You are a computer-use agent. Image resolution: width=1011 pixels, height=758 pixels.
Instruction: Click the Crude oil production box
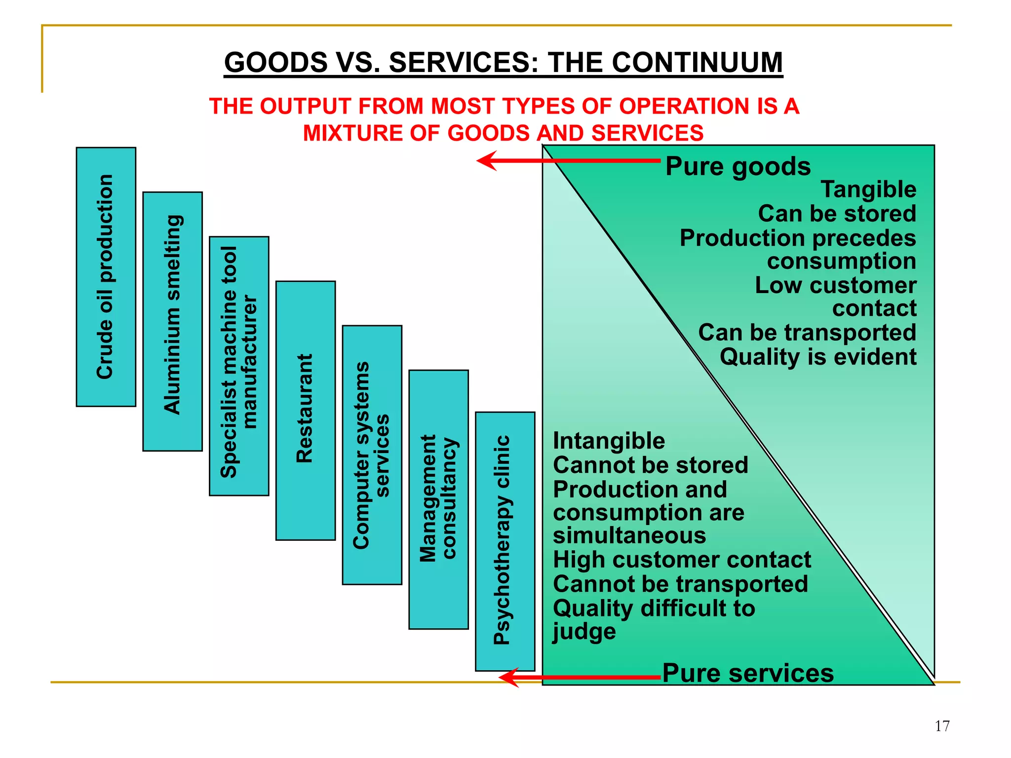[x=106, y=277]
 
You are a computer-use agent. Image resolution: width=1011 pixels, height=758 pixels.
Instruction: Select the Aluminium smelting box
[x=172, y=321]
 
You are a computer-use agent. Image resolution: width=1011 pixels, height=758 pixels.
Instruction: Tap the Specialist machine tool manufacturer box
[x=239, y=366]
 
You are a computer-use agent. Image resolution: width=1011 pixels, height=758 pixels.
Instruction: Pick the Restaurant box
[x=305, y=410]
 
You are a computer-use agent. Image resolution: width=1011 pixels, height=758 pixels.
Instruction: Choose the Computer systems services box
[x=372, y=455]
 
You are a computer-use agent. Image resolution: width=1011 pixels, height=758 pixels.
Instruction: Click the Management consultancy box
[x=438, y=499]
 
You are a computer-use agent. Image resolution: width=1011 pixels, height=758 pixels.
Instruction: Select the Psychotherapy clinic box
[x=505, y=541]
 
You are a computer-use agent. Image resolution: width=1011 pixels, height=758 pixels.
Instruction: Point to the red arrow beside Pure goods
[x=568, y=161]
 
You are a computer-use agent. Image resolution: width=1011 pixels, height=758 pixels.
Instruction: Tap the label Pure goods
[x=738, y=166]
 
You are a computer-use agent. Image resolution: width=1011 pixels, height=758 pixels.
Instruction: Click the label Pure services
[x=747, y=673]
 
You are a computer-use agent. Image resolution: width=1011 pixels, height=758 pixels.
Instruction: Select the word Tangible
[x=868, y=189]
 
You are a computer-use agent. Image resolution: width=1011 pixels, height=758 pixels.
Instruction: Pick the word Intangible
[x=609, y=441]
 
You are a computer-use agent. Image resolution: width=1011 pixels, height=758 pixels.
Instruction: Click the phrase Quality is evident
[x=817, y=357]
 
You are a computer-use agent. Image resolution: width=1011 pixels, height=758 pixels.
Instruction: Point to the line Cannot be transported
[x=680, y=584]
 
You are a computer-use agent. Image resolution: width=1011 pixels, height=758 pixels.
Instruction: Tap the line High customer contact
[x=681, y=560]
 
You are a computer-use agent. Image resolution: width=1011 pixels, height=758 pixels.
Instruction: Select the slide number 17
[x=942, y=726]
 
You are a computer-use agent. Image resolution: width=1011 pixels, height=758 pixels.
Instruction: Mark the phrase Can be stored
[x=837, y=214]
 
